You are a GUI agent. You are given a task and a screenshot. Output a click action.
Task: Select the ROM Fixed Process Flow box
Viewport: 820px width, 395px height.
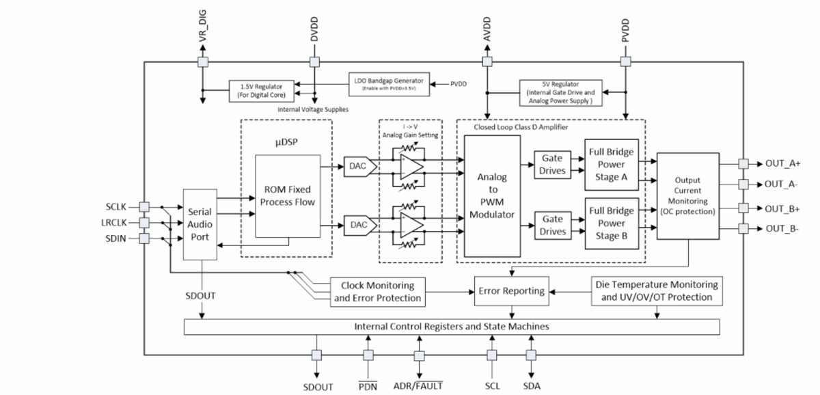click(x=288, y=196)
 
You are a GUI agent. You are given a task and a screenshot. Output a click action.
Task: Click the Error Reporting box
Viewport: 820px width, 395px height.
click(x=511, y=291)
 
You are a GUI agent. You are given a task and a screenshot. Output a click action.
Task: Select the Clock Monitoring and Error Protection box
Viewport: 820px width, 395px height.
click(x=377, y=291)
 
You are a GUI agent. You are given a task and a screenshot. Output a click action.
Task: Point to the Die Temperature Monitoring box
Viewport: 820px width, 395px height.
click(x=655, y=291)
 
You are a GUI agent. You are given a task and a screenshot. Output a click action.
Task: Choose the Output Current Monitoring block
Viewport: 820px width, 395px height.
click(x=687, y=195)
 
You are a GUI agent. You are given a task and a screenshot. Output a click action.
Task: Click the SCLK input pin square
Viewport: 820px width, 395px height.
click(x=144, y=206)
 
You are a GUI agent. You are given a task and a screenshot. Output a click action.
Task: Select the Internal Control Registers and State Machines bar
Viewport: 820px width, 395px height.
click(x=452, y=327)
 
